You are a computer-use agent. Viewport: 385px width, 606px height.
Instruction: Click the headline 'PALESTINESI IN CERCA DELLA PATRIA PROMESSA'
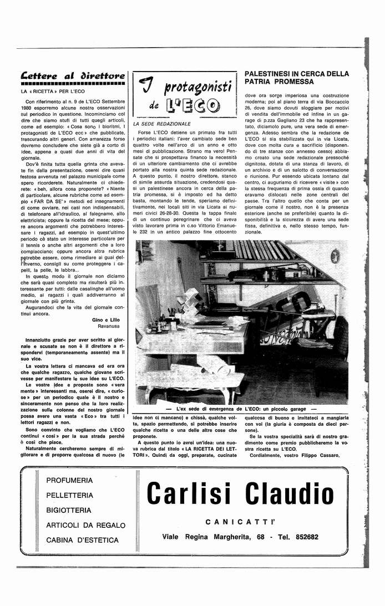(x=297, y=78)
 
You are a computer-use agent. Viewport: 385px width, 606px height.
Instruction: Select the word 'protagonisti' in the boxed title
(x=192, y=86)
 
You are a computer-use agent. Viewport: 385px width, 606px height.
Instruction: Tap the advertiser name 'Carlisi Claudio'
(x=241, y=492)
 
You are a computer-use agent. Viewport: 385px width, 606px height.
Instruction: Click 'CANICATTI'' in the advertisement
(x=240, y=522)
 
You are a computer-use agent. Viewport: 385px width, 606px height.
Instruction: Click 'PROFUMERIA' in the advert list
(x=70, y=480)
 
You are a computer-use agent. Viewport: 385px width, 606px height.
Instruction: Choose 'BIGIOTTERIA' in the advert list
(x=70, y=510)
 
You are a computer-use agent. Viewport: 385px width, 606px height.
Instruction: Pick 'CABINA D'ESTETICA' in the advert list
(x=82, y=540)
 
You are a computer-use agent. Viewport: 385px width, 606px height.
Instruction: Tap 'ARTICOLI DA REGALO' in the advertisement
(x=86, y=525)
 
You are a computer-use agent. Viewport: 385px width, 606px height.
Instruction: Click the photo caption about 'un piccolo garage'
(x=241, y=409)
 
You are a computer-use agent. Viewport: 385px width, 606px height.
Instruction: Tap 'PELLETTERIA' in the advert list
(x=70, y=495)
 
